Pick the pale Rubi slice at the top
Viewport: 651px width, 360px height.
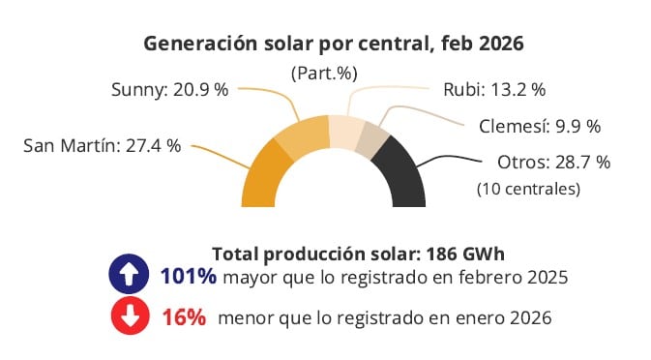click(345, 130)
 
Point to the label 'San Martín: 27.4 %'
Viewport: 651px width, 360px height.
click(103, 146)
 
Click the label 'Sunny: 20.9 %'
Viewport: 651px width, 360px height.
click(170, 89)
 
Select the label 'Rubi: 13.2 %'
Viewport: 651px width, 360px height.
click(494, 89)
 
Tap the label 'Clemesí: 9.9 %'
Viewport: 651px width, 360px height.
click(540, 126)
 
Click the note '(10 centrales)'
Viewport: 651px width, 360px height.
click(529, 189)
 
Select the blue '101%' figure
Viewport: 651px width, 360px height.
click(188, 277)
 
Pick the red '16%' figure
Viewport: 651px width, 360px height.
click(183, 316)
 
